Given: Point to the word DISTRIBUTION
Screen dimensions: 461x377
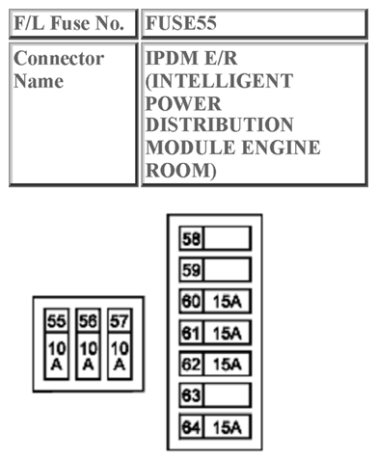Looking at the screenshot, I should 219,125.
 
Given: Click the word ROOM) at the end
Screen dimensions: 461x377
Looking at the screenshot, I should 180,170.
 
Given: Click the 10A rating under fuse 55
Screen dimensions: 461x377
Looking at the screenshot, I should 57,355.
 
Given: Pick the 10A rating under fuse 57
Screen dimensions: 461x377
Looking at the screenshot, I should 119,355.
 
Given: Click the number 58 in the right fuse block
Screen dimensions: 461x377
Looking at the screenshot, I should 190,238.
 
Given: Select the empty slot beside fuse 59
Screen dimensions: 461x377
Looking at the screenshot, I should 227,269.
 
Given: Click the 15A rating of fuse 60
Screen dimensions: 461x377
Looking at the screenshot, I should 227,301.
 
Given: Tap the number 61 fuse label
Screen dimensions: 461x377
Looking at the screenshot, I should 190,333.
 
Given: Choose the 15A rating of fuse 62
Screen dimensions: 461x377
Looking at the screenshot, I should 227,364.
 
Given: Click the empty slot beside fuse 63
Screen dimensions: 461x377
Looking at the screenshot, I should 227,395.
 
